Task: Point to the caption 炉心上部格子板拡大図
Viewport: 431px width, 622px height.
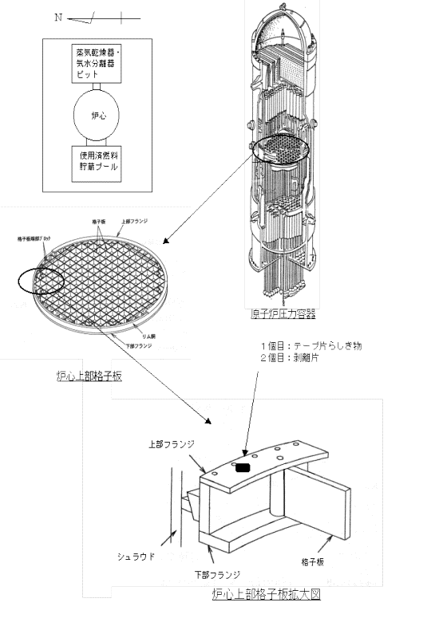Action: click(267, 594)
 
